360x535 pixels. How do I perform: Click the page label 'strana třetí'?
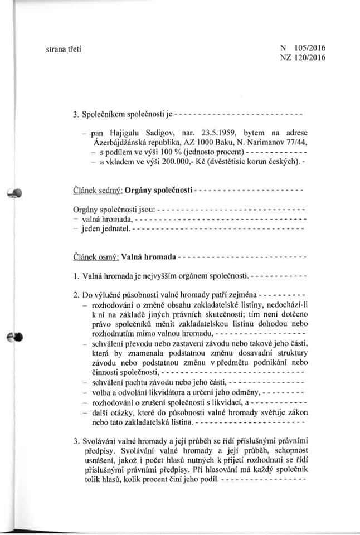coord(63,51)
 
